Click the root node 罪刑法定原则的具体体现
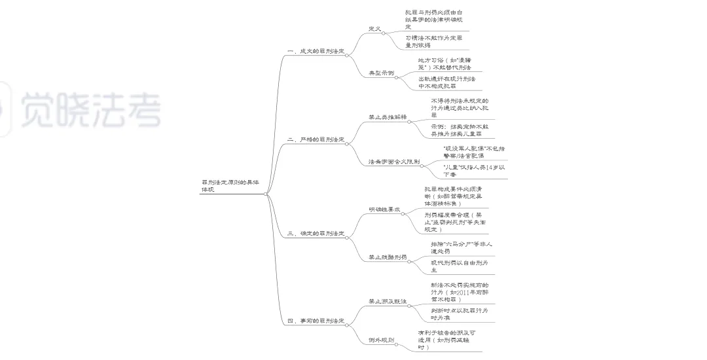pos(230,186)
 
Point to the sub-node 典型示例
pos(381,73)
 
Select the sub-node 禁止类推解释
pos(387,117)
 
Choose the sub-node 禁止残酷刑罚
pos(387,257)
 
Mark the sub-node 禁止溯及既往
pos(387,302)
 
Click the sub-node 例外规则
pos(381,340)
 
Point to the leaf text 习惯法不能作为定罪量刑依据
pos(434,42)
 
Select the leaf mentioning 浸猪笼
pos(444,63)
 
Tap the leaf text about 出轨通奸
pos(447,82)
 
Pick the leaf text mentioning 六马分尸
pos(462,248)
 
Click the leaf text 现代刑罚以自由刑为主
pos(458,266)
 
